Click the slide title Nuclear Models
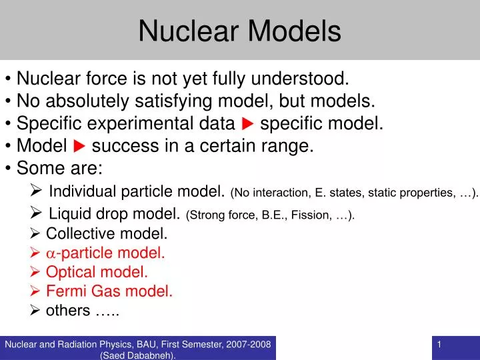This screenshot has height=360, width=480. [240, 31]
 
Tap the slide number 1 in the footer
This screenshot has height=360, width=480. [440, 344]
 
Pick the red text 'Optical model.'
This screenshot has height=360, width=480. [97, 272]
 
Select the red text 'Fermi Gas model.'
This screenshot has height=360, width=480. [109, 291]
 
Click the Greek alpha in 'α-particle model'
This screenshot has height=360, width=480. [51, 253]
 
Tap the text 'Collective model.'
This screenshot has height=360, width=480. [107, 234]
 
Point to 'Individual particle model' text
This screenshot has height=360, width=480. [135, 193]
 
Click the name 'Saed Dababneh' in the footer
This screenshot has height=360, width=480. [137, 355]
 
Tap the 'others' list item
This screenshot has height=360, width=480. [68, 310]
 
